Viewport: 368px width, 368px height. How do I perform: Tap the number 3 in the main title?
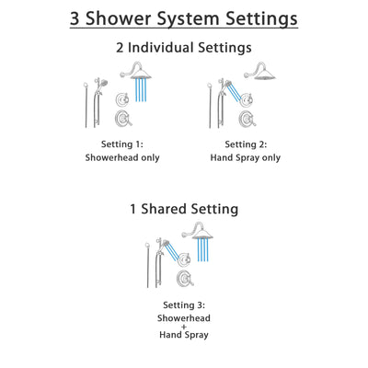[76, 17]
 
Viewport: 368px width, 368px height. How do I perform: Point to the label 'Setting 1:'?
[121, 144]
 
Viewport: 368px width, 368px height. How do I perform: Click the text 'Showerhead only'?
[121, 157]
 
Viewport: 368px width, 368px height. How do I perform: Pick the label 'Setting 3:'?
[183, 305]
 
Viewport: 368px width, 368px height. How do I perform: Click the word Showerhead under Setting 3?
[183, 318]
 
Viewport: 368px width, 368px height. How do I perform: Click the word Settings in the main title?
[266, 17]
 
